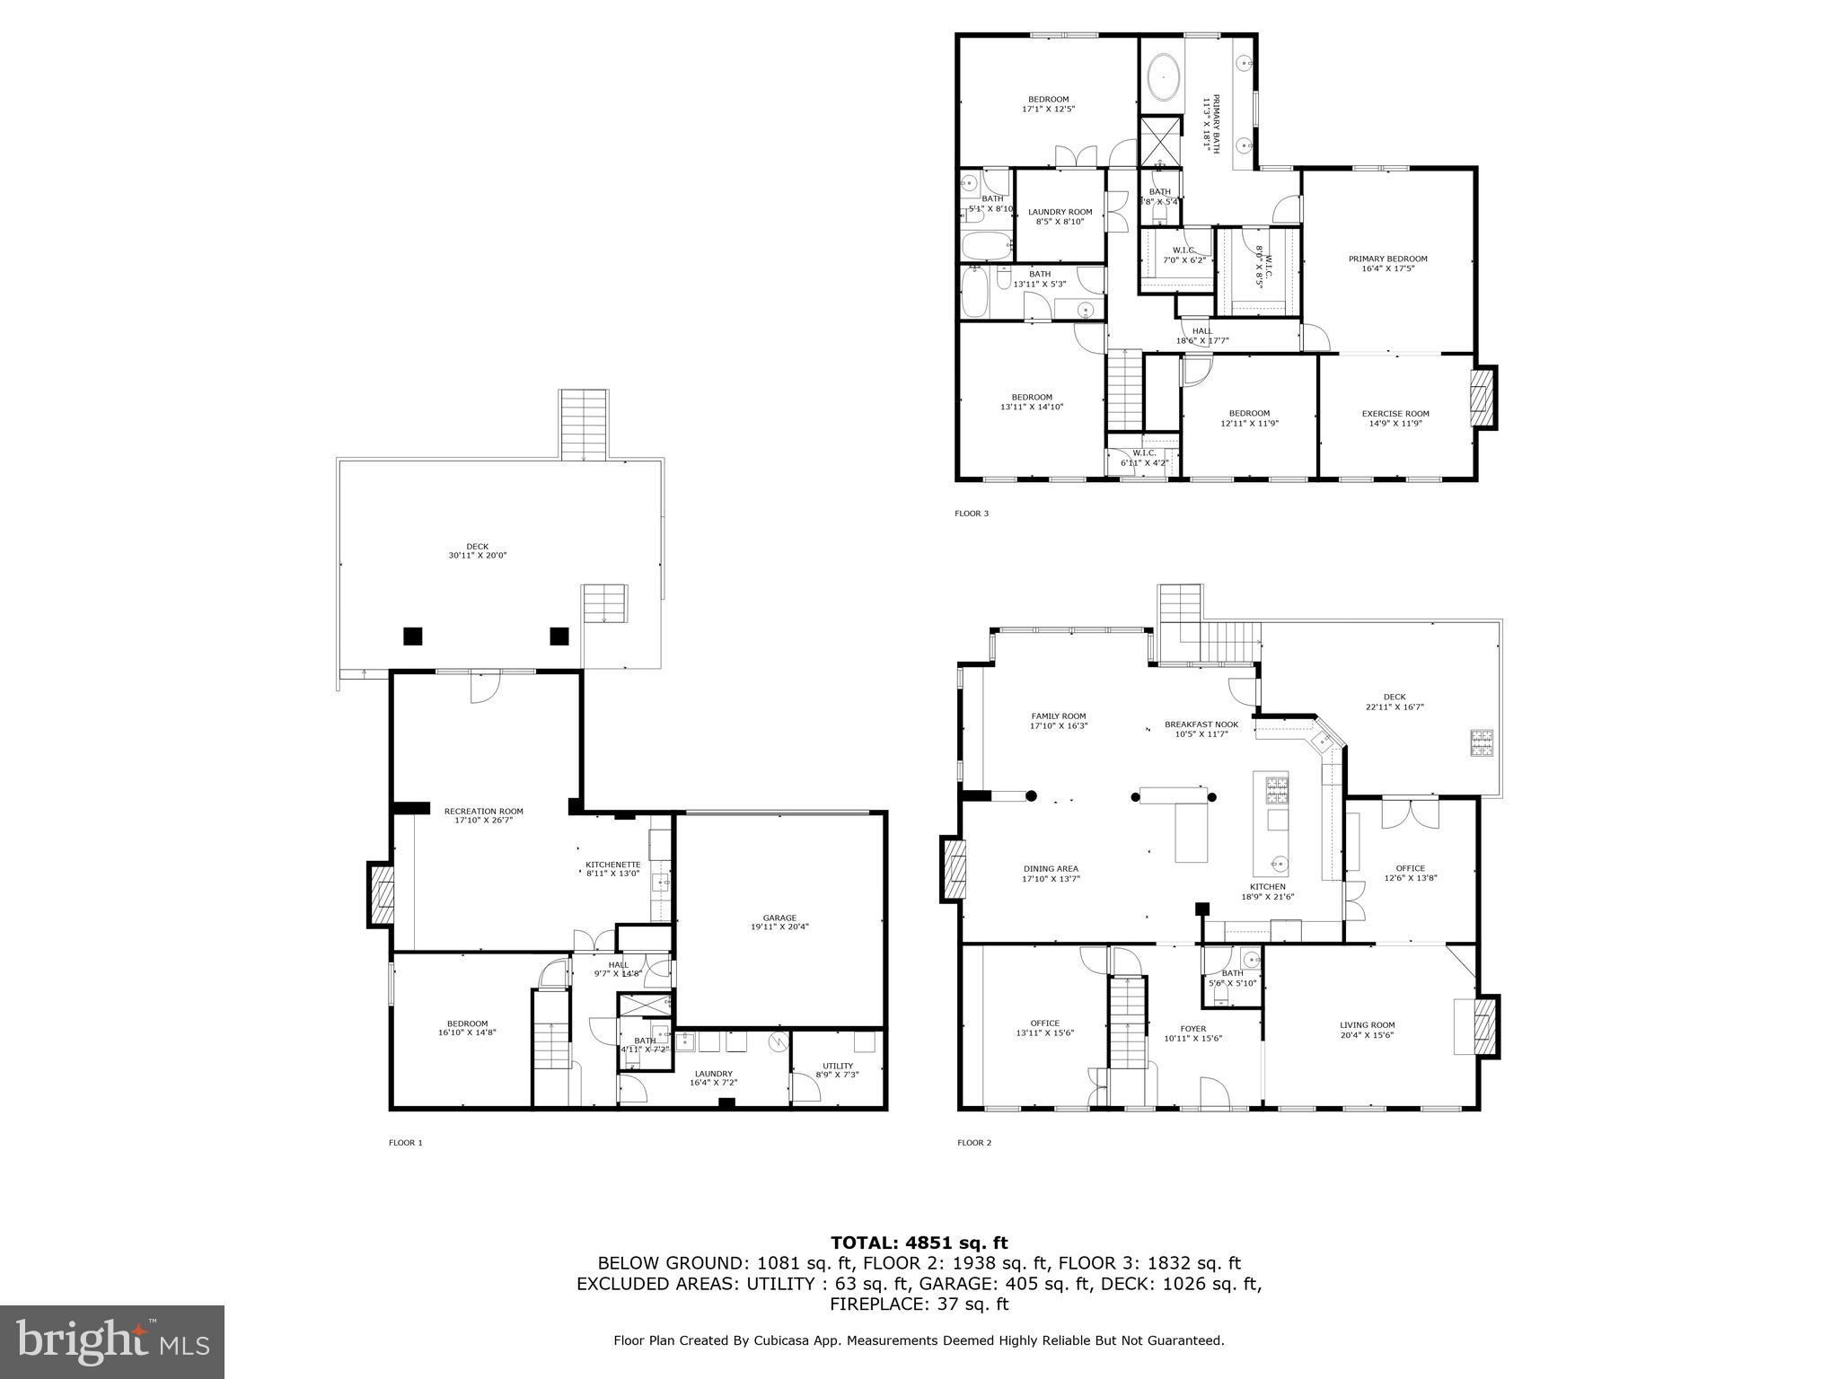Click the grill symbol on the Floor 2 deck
[1482, 743]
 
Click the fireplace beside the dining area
[953, 868]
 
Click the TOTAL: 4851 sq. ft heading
[919, 1243]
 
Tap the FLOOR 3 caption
[971, 514]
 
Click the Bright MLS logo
[112, 1341]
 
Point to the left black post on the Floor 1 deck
[412, 636]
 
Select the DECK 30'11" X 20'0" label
[478, 551]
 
